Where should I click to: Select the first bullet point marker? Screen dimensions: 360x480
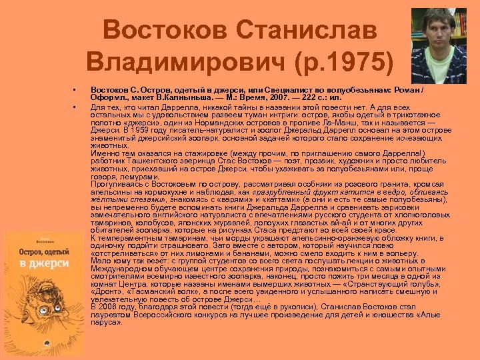(x=76, y=89)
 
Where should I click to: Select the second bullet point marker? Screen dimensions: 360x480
(x=76, y=106)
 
